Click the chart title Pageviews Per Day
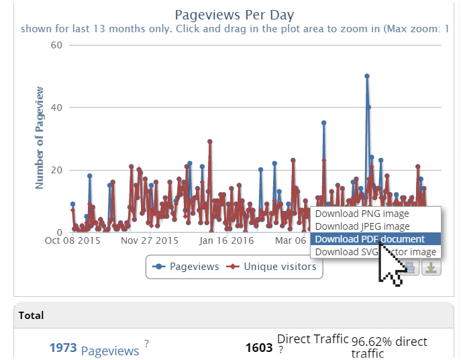click(x=234, y=15)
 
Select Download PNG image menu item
click(x=362, y=214)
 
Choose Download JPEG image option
click(x=362, y=226)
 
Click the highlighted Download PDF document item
click(x=370, y=239)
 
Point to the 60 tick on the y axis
click(x=56, y=46)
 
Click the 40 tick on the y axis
click(x=56, y=107)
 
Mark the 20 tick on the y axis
click(x=56, y=170)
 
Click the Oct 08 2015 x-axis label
click(x=72, y=240)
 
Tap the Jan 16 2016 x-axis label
click(x=227, y=240)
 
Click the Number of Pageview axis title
click(x=40, y=137)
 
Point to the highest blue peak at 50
click(x=367, y=76)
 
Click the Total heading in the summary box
click(x=32, y=315)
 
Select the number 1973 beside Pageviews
click(x=63, y=348)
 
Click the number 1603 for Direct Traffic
click(x=259, y=348)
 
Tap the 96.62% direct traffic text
click(x=389, y=347)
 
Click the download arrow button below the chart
click(x=431, y=267)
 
